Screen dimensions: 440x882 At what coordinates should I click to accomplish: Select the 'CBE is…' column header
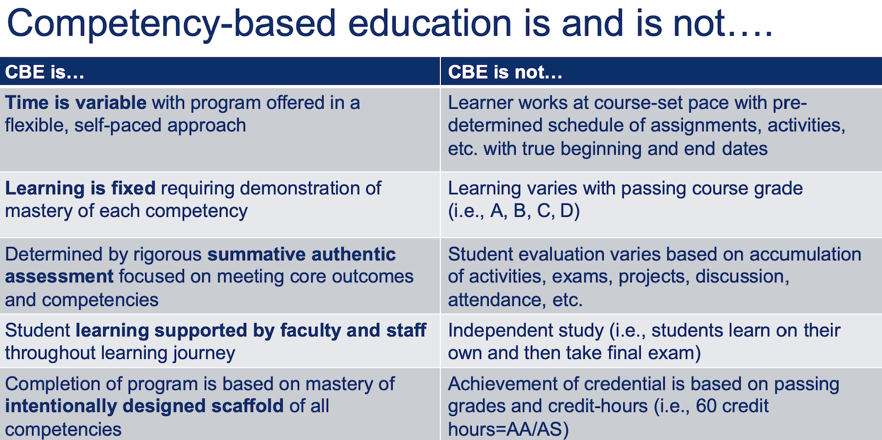(45, 72)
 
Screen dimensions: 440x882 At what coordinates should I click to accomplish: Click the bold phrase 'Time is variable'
(75, 102)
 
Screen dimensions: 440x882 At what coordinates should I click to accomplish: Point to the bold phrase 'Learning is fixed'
(79, 188)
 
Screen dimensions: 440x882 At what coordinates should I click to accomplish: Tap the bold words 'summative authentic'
(302, 254)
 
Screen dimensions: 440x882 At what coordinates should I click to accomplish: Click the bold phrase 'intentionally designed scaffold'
(144, 405)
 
